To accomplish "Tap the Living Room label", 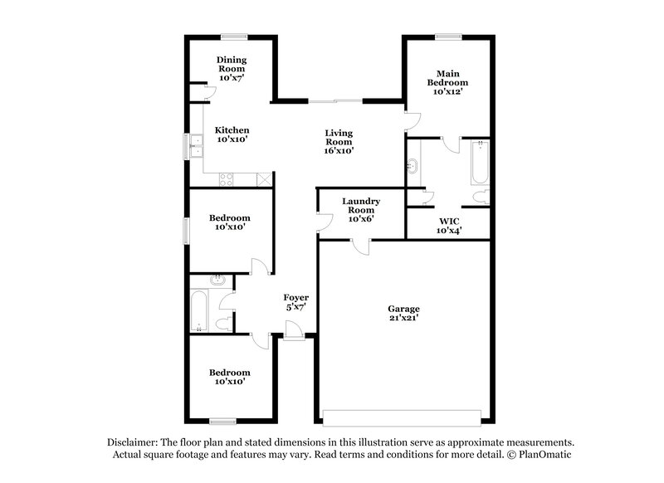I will (339, 133).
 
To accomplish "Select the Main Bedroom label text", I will (447, 78).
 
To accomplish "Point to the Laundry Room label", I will (361, 201).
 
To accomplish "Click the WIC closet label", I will (449, 221).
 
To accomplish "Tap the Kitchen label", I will (232, 130).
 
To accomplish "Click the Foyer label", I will (296, 297).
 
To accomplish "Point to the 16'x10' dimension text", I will (339, 152).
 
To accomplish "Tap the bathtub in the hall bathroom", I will (201, 310).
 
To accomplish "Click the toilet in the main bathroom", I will (480, 197).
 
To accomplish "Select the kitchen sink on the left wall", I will (196, 147).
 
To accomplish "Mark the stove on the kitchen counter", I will (227, 179).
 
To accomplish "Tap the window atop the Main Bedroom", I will (448, 36).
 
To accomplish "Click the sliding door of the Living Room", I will (336, 101).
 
